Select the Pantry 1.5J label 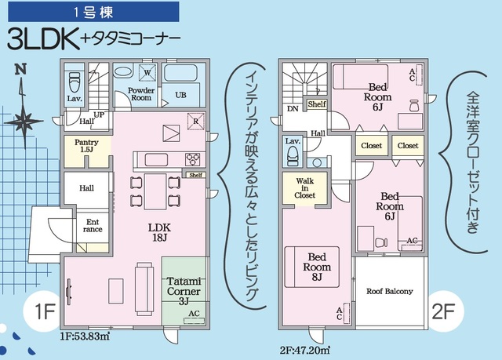click(86, 146)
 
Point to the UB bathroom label click(180, 95)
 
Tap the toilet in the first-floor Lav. click(75, 81)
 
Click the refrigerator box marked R click(196, 122)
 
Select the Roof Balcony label click(389, 291)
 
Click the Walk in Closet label click(305, 189)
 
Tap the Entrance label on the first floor click(93, 226)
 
